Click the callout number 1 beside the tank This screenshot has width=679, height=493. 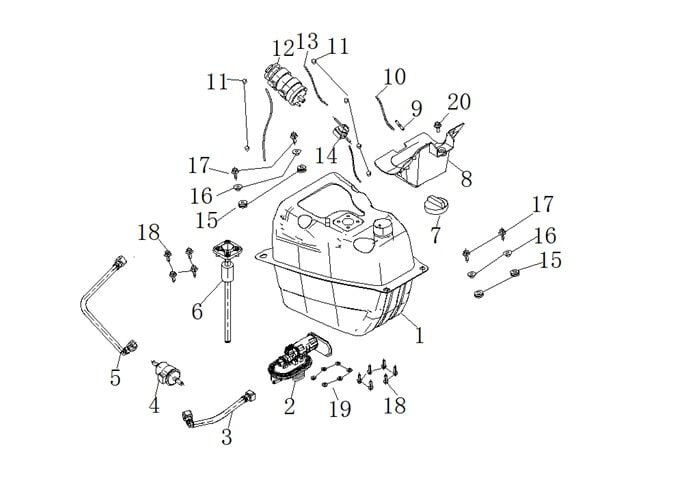(419, 337)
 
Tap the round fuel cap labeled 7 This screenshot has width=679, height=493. (436, 207)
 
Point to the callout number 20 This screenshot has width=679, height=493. (458, 102)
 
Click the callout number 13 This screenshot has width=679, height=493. (307, 42)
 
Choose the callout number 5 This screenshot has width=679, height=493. (115, 377)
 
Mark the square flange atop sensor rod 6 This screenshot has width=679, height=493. (229, 249)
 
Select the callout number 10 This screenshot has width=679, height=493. (395, 76)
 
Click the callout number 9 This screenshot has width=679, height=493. (416, 108)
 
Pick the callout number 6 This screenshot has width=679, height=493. (198, 311)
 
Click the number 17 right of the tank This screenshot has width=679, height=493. (541, 205)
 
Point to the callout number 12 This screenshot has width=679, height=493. (282, 47)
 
